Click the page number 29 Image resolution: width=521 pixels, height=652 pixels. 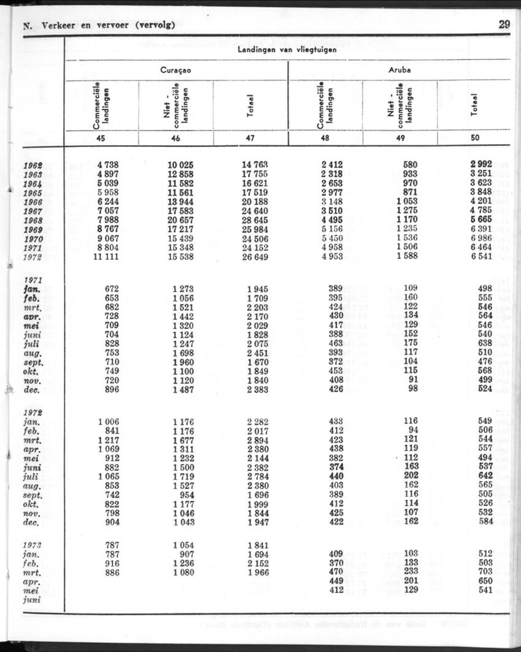(x=504, y=25)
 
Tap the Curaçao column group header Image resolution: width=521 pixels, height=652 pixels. (x=176, y=70)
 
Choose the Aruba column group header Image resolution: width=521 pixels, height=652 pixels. (x=399, y=70)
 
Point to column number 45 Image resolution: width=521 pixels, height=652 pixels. (x=101, y=138)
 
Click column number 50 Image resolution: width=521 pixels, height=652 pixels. (x=475, y=138)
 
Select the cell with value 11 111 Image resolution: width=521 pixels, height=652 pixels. (x=104, y=256)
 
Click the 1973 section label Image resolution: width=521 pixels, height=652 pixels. (x=34, y=544)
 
